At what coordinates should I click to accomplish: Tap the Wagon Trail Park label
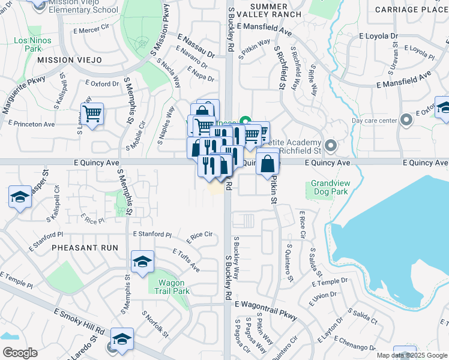(174, 287)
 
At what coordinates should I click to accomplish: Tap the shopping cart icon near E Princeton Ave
(92, 113)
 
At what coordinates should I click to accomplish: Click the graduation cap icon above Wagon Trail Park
(142, 262)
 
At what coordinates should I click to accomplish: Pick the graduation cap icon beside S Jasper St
(20, 197)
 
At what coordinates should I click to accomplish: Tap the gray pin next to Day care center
(407, 120)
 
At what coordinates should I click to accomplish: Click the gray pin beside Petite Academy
(330, 145)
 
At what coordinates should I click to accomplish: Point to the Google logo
(19, 353)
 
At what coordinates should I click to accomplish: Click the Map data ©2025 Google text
(412, 355)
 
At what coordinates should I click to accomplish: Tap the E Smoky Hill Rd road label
(79, 322)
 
